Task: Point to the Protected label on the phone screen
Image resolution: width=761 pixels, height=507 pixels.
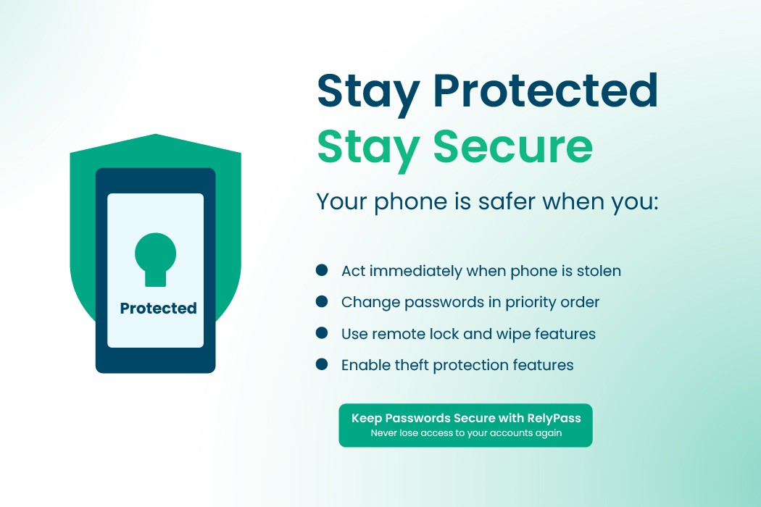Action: coord(158,309)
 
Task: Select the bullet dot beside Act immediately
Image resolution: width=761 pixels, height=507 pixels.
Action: coord(322,270)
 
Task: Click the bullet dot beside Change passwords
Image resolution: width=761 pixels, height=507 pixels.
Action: coord(322,301)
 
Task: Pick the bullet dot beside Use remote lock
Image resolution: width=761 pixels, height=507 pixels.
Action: coord(322,333)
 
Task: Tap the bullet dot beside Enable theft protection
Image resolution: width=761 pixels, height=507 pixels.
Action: coord(322,364)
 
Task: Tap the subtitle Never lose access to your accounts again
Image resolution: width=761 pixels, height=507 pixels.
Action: coord(466,433)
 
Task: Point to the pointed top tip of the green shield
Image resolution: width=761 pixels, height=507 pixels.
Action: coord(155,135)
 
